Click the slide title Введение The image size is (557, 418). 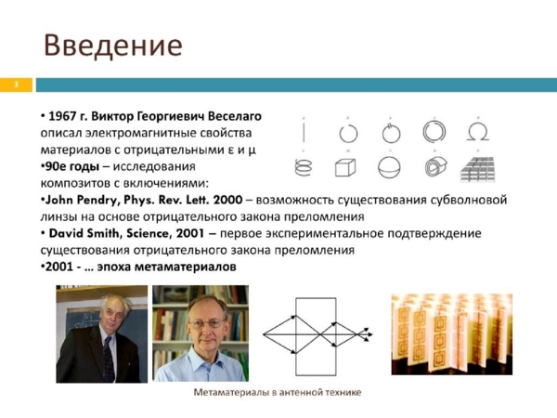click(x=113, y=46)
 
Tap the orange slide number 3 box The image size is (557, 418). click(x=16, y=85)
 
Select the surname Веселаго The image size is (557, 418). click(x=235, y=116)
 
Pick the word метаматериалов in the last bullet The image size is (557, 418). click(x=186, y=267)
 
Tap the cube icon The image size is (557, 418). click(x=345, y=167)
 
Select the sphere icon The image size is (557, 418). click(x=389, y=167)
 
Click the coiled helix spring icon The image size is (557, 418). click(x=304, y=167)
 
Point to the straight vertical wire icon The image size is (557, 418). click(x=304, y=132)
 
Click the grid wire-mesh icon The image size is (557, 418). click(x=478, y=169)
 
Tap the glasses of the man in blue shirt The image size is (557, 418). click(x=206, y=324)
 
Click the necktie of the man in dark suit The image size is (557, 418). click(x=109, y=359)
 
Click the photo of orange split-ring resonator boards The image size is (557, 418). click(x=452, y=334)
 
